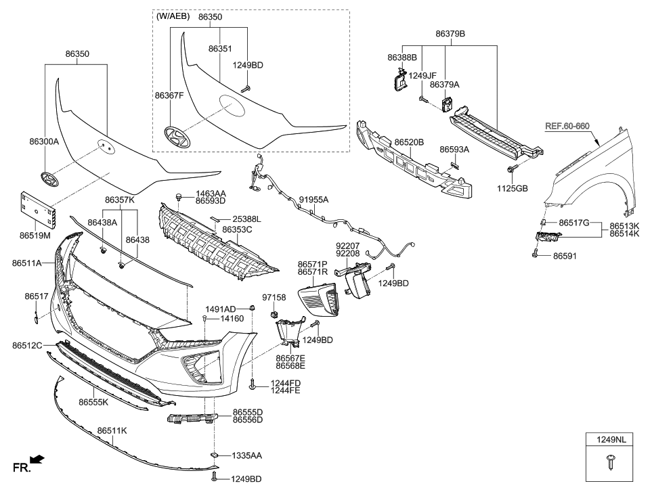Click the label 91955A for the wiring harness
click(313, 200)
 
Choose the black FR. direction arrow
click(38, 461)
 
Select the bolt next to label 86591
click(535, 255)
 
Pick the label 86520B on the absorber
click(410, 143)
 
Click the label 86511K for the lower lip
click(112, 430)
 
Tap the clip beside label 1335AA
click(214, 455)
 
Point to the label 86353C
click(237, 230)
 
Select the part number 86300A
click(44, 142)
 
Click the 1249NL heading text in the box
click(611, 441)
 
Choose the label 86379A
click(445, 85)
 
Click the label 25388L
click(246, 219)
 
